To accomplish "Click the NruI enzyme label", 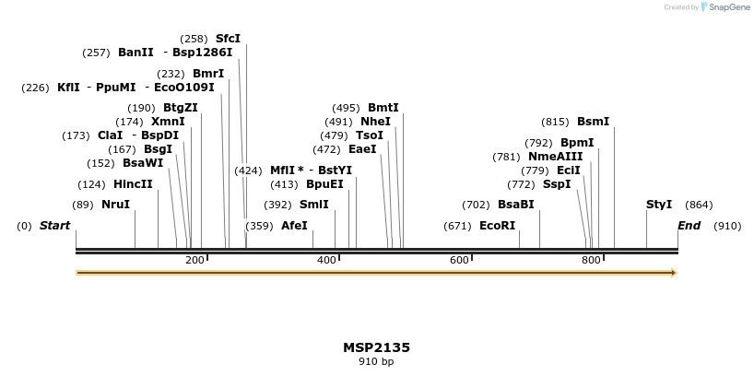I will coord(115,205).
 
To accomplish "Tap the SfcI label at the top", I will coord(228,39).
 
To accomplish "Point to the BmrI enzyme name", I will coord(208,74).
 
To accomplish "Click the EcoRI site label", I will coord(498,226).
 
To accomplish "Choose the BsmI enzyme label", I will coord(593,122).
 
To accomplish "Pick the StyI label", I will coord(659,205).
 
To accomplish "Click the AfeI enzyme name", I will coord(294,226).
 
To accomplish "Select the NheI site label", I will coord(375,122).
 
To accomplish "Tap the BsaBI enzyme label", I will coord(515,205).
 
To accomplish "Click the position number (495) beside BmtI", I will coord(346,108).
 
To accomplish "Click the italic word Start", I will coord(54,226).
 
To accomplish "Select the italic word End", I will coord(689,226).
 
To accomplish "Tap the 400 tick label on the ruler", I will coord(327,261).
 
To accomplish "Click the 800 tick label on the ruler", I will coord(592,261).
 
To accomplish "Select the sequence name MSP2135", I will coord(376,347).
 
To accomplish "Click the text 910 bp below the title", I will coord(376,362).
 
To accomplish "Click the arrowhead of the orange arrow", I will coord(674,273).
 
